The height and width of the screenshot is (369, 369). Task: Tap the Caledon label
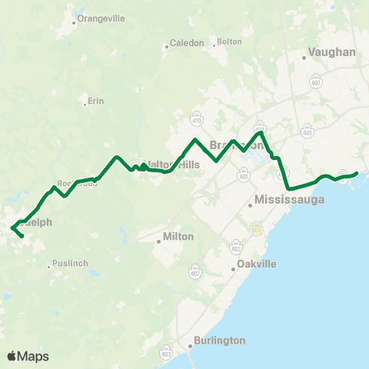[x=187, y=43]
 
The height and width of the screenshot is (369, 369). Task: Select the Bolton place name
[x=229, y=42]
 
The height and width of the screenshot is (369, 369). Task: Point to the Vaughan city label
[x=331, y=52]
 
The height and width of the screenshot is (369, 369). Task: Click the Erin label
[x=95, y=101]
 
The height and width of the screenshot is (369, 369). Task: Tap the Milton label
[x=178, y=236]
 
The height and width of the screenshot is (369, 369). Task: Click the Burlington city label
[x=218, y=340]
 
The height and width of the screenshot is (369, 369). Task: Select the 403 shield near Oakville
[x=236, y=248]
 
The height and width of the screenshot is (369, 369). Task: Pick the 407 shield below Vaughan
[x=316, y=79]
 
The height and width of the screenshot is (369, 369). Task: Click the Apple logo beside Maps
[x=12, y=356]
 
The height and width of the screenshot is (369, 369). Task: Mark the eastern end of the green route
[x=357, y=173]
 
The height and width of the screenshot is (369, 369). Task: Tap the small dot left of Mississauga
[x=252, y=204]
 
